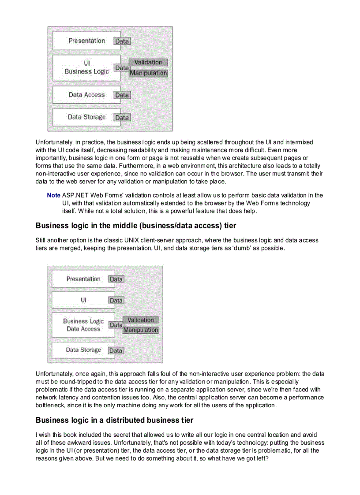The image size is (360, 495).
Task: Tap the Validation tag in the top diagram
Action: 148,63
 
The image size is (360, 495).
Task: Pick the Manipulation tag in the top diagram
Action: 148,73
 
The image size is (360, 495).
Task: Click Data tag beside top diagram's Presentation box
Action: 122,41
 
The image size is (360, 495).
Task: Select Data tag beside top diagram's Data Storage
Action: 122,118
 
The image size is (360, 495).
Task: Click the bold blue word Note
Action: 53,195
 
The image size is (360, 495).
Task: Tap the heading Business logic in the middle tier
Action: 136,226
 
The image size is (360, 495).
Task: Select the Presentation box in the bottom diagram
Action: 83,279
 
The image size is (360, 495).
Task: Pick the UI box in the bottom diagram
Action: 83,300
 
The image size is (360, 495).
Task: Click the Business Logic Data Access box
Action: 83,325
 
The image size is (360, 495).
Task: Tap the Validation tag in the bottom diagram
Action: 141,320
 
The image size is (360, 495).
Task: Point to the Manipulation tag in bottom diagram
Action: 141,330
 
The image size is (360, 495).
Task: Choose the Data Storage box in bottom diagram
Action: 83,350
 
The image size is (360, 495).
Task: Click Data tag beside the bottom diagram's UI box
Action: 116,301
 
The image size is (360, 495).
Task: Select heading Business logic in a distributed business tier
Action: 114,420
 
